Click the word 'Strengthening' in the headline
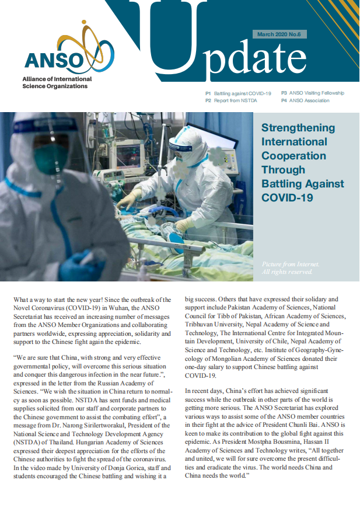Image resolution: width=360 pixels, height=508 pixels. point(298,128)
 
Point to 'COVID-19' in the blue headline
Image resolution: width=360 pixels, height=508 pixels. point(288,198)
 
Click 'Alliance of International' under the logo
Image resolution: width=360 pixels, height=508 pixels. point(57,79)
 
